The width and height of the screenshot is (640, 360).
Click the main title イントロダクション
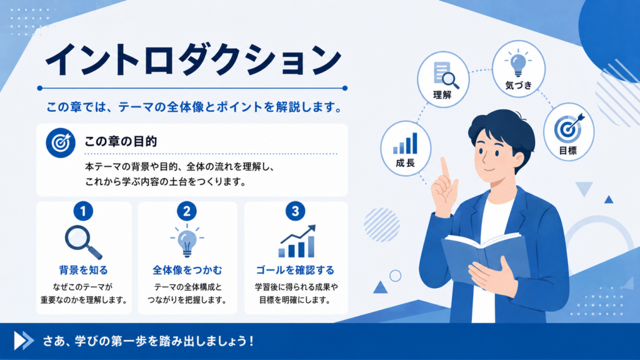coord(193,59)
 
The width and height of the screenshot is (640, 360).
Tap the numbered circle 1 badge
coord(83,211)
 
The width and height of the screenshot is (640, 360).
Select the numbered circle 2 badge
coord(187,211)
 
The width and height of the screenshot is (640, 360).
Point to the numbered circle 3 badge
coord(295,211)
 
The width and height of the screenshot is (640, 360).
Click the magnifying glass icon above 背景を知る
coord(83,242)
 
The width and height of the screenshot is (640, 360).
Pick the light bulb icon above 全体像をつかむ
coord(187,241)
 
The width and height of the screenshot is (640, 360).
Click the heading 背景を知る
coord(83,270)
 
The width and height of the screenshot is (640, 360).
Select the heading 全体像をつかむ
coord(187,270)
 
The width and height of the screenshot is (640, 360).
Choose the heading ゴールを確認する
coord(295,270)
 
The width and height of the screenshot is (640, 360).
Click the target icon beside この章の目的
coord(61,143)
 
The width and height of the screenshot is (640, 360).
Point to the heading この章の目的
coord(121,142)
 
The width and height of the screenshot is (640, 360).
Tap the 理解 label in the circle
coord(442,95)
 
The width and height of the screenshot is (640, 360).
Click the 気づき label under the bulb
coord(518,85)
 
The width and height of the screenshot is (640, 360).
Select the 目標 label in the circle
coord(567,151)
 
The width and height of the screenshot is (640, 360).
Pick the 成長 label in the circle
coord(405,163)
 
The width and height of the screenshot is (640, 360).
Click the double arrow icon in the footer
coord(24,341)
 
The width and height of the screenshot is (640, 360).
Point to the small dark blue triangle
coord(609,199)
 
